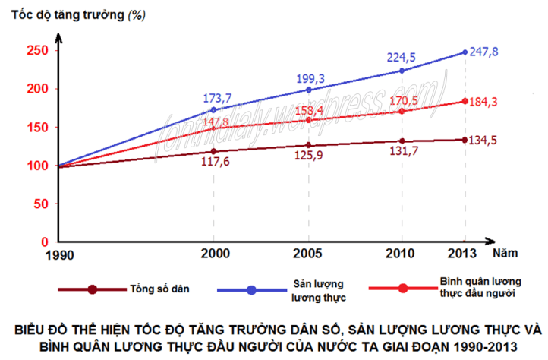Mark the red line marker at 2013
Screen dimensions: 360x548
[465, 101]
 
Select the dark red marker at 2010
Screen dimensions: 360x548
[402, 141]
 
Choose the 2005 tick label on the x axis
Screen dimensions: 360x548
[307, 254]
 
